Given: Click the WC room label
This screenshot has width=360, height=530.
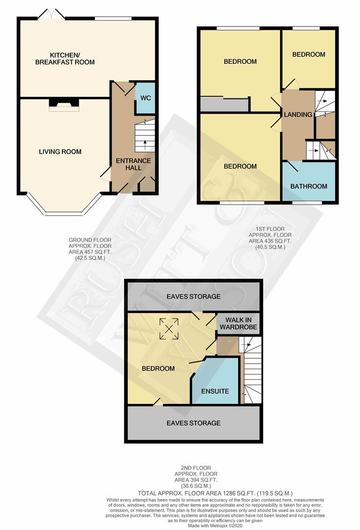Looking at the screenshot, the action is point(145,98).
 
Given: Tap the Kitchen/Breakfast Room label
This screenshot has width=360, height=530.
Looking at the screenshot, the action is point(65,58).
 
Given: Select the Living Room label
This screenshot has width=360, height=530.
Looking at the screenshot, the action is point(60,152).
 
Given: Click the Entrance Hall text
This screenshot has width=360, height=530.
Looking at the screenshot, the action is point(133,164).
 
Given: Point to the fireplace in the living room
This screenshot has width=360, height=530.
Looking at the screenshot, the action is point(64,105).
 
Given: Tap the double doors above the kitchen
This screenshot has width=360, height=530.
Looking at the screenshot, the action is point(51,14).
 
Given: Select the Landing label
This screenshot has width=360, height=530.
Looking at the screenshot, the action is point(298,114).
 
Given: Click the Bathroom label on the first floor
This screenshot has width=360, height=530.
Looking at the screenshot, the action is point(308,186).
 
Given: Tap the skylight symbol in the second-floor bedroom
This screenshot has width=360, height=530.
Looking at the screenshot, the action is point(169,328).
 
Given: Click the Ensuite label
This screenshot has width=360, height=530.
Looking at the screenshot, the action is point(215,391).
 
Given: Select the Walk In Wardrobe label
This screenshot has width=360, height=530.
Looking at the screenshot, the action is point(238,323).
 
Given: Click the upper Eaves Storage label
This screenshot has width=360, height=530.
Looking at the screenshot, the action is point(194,296).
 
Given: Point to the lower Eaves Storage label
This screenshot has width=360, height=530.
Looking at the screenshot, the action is point(194,423).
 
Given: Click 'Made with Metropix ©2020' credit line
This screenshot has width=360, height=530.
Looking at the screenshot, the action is point(216,526).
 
